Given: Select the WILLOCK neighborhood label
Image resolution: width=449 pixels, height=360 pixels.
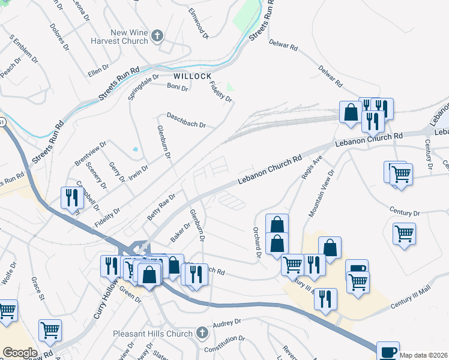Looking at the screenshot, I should [193, 77].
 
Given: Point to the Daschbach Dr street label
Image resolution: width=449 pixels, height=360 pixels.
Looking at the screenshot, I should [186, 120].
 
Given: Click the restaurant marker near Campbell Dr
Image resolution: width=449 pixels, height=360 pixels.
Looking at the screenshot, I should [70, 197].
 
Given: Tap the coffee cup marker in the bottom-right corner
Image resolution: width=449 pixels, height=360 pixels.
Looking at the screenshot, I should [387, 351].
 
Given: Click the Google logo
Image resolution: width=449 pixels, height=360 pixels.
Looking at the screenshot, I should [20, 352].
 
